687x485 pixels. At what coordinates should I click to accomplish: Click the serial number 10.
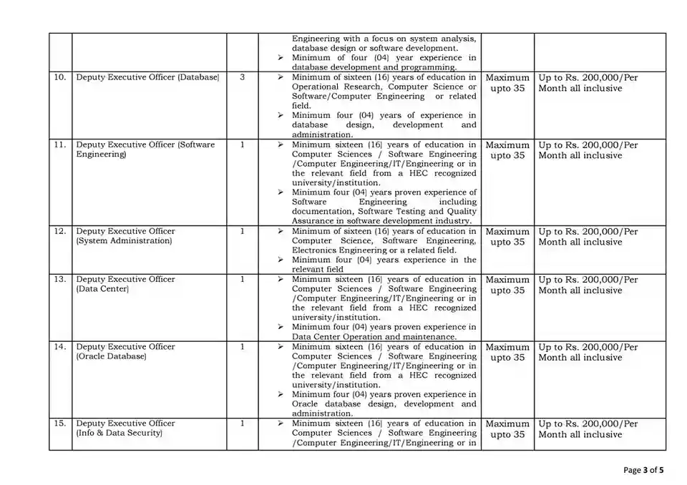click(60, 77)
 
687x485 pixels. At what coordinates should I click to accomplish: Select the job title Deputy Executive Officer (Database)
click(147, 77)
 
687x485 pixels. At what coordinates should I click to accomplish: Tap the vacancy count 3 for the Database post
click(243, 77)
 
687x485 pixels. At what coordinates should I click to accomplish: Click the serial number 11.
click(60, 144)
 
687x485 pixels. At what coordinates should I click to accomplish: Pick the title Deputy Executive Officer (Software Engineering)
click(145, 150)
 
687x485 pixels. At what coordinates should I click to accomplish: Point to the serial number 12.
click(60, 231)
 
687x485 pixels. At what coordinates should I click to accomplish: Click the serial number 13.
click(60, 280)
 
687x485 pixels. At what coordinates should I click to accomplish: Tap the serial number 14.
click(60, 347)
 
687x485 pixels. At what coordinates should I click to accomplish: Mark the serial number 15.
click(60, 423)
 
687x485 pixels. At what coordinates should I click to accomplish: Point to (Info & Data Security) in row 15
click(119, 433)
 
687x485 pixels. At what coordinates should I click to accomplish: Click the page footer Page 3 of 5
click(643, 470)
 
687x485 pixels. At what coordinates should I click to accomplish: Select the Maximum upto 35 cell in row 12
click(507, 237)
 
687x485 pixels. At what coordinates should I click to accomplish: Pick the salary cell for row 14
click(588, 352)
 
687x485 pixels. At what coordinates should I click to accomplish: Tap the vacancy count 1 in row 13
click(243, 280)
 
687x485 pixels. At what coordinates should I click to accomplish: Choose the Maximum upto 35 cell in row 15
click(507, 429)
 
